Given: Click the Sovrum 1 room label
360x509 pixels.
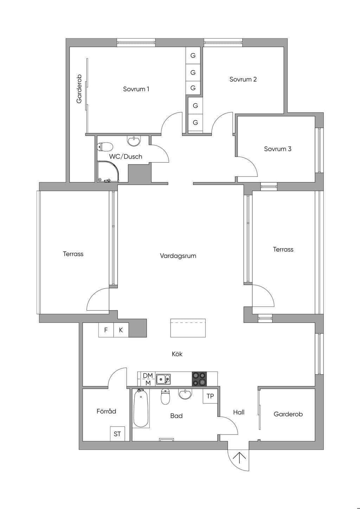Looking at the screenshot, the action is coord(136,89).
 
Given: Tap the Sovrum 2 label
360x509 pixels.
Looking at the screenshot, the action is coord(243,79).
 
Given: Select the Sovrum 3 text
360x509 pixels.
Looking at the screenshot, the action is coord(277,149).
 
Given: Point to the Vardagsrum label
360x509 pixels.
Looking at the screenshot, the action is coord(178,256).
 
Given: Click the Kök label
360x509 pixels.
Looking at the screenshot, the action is coord(177,354).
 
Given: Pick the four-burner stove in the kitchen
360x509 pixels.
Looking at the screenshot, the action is coord(199,379).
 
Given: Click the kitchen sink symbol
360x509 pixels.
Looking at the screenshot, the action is coord(163,379).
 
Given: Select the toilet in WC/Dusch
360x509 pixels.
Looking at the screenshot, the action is coord(105,147).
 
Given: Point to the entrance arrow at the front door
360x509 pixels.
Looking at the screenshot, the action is coord(239,458).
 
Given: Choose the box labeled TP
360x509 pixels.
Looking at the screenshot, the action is coord(210,396).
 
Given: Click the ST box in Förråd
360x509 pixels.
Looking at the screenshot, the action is coord(117,434).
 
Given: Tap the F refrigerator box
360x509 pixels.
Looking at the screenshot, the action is coord(106,330).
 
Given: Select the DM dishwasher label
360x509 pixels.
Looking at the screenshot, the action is coord(148,376).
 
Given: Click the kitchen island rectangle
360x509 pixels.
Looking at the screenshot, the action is coord(188,328).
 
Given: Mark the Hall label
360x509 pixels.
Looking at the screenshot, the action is coord(239,412).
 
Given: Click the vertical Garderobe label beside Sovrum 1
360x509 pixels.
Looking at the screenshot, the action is coord(79,89).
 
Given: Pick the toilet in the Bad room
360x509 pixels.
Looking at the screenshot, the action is coord(165,397).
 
